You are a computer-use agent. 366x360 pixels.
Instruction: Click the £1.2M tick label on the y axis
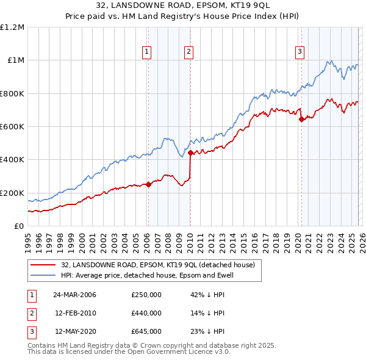tap(12, 27)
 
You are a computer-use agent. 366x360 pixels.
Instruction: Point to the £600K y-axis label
tap(12, 127)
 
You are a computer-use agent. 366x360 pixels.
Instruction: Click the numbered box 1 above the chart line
tap(148, 52)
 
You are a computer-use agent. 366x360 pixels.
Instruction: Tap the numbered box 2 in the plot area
tap(189, 52)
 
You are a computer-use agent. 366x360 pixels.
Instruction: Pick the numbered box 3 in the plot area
tap(300, 52)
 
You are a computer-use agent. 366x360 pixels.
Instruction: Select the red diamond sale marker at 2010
tap(190, 153)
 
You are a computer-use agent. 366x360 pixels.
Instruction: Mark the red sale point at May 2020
tap(301, 120)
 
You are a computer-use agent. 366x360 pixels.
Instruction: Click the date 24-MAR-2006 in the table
tap(74, 295)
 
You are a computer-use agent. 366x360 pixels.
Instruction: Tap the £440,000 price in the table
tap(146, 313)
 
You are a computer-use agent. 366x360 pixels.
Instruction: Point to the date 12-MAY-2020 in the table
tap(74, 331)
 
